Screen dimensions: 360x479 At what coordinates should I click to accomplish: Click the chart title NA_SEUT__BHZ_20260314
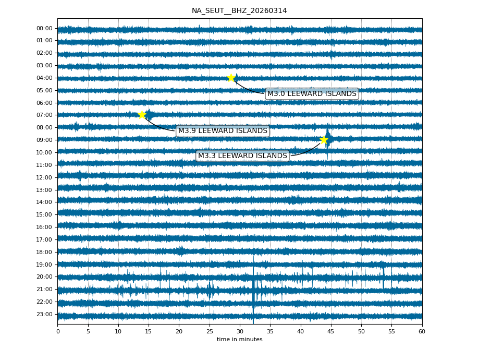tap(239, 10)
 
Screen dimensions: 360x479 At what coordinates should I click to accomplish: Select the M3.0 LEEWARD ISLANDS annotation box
tap(312, 94)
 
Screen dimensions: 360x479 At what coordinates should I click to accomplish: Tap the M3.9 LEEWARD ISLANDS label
tap(223, 131)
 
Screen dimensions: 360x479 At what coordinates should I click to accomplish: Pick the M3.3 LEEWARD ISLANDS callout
tap(242, 156)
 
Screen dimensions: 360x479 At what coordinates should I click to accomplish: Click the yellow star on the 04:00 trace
tap(231, 78)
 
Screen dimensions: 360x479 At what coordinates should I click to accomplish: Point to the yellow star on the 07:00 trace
tap(142, 115)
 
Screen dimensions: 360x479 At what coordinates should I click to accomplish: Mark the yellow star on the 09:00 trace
tap(324, 140)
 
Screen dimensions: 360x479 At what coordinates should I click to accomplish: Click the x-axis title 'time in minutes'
tap(239, 340)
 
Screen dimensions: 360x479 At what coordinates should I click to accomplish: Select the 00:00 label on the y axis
tap(44, 29)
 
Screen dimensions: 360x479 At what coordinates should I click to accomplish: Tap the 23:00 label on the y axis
tap(44, 314)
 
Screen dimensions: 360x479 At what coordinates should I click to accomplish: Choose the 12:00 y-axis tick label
tap(44, 177)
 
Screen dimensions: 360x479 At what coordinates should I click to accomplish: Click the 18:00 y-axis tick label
tap(44, 252)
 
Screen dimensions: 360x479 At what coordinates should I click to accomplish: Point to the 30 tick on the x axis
tap(240, 331)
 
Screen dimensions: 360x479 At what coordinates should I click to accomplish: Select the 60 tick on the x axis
tap(422, 331)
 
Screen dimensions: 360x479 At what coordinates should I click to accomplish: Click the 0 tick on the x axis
tap(58, 331)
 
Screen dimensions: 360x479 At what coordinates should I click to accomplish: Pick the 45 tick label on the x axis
tap(331, 331)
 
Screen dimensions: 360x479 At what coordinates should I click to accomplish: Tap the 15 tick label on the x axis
tap(149, 331)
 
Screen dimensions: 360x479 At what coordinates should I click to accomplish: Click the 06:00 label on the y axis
tap(44, 103)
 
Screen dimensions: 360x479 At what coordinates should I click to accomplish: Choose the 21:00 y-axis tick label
tap(44, 289)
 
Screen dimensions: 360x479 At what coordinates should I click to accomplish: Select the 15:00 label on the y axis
tap(44, 214)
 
